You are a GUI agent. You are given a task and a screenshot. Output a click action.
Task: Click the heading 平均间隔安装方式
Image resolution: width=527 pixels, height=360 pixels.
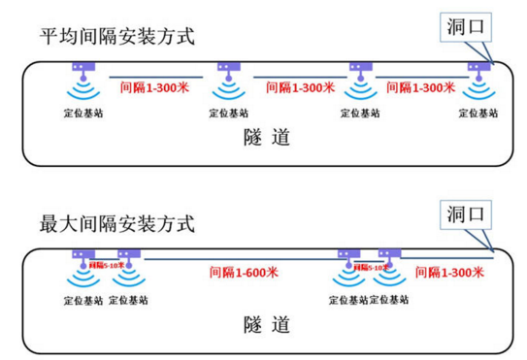click(x=116, y=39)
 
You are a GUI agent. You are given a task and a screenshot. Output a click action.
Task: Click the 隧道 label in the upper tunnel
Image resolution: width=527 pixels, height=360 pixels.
click(x=265, y=137)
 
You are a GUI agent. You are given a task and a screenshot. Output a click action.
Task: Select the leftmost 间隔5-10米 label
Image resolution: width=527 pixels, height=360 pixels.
click(x=106, y=264)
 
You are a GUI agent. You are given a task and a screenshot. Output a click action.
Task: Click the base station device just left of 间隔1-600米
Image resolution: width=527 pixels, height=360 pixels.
click(x=128, y=256)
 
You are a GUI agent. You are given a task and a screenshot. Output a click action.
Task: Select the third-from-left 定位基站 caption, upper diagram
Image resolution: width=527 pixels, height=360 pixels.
click(x=358, y=113)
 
